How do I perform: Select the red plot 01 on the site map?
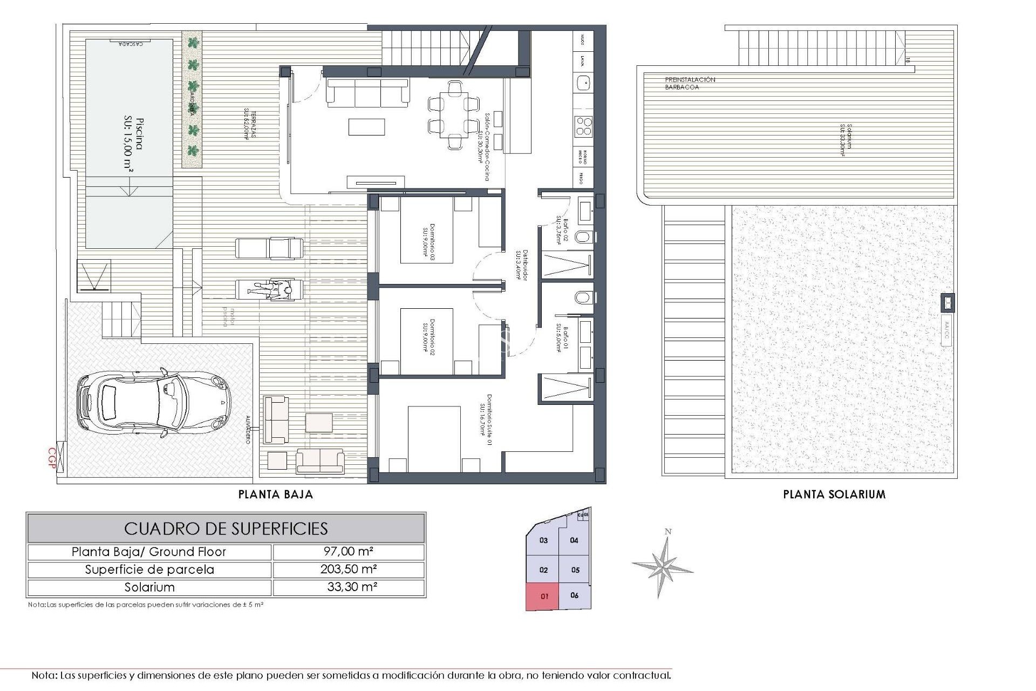[x=543, y=597]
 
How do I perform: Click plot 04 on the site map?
[x=574, y=540]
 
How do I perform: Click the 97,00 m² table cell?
[x=349, y=552]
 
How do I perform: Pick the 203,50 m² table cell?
[x=349, y=570]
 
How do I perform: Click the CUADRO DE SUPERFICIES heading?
[x=226, y=529]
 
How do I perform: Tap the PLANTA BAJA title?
[x=276, y=494]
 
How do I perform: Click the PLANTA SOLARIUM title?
[x=834, y=494]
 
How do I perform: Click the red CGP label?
[x=52, y=458]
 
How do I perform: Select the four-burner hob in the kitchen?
[x=583, y=126]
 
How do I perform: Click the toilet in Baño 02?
[x=584, y=237]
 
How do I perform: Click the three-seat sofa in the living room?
[x=367, y=92]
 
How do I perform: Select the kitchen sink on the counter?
[x=583, y=83]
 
